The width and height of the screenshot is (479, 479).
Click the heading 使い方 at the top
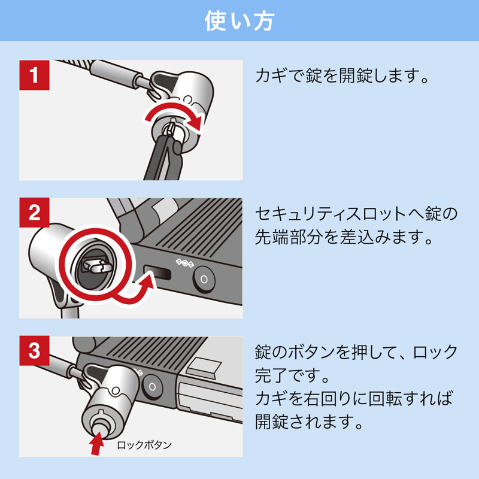click(x=239, y=21)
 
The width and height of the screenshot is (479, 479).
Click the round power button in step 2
click(x=204, y=278)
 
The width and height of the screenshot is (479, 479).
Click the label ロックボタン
click(x=144, y=445)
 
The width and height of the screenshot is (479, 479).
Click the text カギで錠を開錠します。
click(x=343, y=76)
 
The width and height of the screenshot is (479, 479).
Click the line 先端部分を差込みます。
click(x=343, y=238)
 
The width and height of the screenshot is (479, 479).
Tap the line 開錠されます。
click(x=310, y=423)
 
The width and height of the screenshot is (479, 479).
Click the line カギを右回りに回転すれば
click(x=353, y=399)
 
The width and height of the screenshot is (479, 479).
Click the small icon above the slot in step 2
click(x=186, y=262)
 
